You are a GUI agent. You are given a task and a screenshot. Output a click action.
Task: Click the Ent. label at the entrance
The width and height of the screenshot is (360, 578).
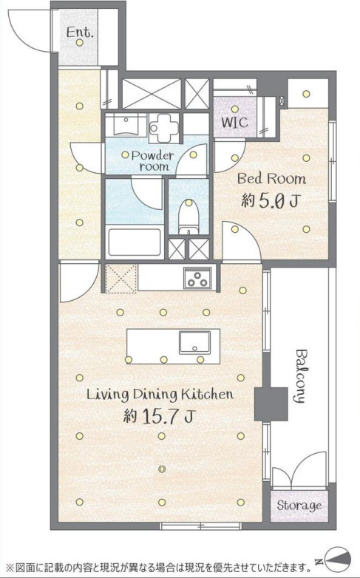[80, 33]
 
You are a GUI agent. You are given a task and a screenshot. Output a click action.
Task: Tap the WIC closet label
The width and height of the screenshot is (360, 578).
[234, 123]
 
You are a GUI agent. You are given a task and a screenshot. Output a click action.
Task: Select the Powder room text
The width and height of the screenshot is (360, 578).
[154, 160]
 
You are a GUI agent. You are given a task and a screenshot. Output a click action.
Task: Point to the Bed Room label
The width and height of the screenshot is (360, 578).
[271, 179]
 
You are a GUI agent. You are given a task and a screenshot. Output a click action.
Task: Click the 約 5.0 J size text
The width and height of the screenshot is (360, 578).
[270, 201]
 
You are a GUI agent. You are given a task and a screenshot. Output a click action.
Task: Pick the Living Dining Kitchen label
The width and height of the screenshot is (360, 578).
[160, 395]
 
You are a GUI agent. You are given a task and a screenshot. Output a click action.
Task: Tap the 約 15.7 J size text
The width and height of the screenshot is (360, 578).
[159, 416]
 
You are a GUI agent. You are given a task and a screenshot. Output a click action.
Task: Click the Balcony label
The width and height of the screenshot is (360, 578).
[302, 376]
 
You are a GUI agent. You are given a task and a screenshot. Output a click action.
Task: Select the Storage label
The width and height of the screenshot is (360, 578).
[299, 506]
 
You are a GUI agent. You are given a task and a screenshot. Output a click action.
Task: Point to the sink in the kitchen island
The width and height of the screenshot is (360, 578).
[194, 342]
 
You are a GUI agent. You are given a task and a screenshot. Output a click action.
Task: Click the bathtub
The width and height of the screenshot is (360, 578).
[135, 242]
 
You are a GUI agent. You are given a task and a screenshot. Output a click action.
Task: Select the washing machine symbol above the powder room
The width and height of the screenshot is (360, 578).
[164, 128]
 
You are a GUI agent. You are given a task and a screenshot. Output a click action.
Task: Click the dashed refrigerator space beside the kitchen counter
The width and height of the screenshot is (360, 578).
[121, 278]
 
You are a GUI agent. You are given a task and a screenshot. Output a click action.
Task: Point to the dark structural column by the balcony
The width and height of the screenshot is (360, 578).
[271, 404]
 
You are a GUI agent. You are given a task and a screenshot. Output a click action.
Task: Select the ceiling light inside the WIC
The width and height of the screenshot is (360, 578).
[235, 109]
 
